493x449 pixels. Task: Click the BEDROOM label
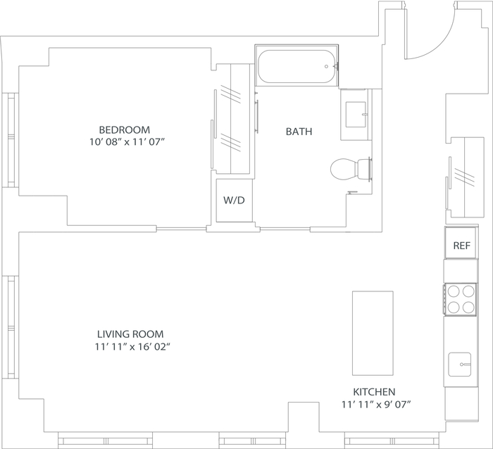(125, 129)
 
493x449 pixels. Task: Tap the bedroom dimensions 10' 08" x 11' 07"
(127, 142)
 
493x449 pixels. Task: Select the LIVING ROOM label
(130, 334)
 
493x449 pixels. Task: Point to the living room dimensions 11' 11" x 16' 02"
(132, 347)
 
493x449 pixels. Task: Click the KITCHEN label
(374, 392)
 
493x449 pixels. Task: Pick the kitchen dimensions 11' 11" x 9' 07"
(376, 405)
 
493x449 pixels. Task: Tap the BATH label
(299, 132)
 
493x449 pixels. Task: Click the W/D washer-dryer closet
(235, 200)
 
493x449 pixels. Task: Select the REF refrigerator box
(461, 243)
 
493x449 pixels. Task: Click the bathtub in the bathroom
(297, 66)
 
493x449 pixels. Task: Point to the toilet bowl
(351, 170)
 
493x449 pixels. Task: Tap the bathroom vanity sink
(356, 115)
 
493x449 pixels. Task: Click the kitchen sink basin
(460, 365)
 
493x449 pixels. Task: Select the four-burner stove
(461, 299)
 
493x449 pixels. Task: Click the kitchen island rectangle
(373, 333)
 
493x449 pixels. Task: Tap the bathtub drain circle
(326, 66)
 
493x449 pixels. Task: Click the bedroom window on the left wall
(11, 140)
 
